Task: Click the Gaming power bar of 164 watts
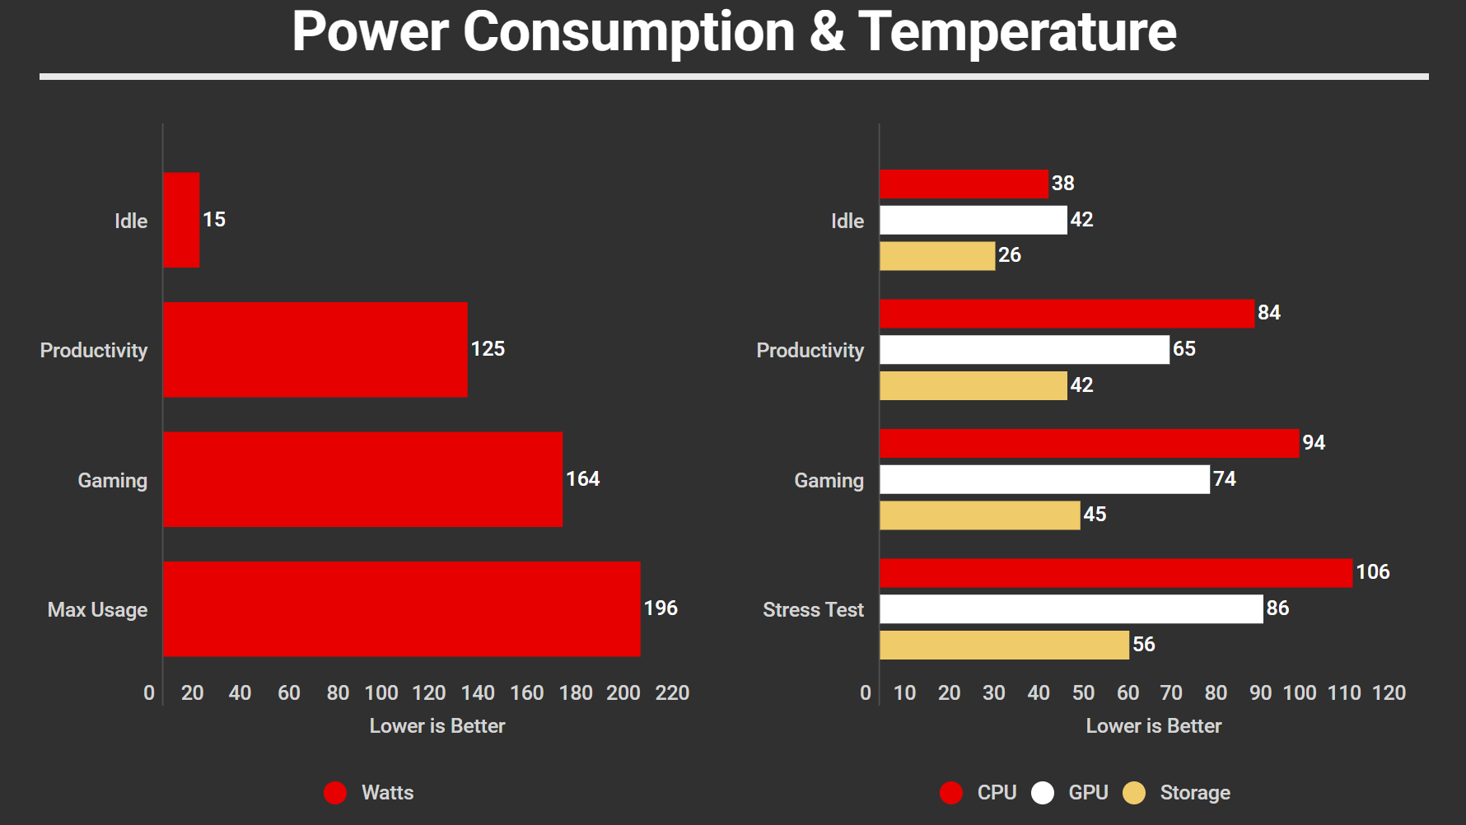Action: (362, 479)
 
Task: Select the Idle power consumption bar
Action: (181, 220)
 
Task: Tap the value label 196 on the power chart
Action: (661, 608)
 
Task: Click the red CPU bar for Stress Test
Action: (1116, 573)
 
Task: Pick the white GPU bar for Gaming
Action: (1044, 479)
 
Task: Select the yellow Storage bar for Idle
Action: (937, 256)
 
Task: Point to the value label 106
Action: (1373, 572)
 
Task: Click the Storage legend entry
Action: (1194, 793)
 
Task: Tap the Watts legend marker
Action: (335, 793)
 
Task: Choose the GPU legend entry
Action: (1087, 793)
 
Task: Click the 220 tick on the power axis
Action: (672, 693)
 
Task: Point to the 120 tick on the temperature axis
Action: (1389, 693)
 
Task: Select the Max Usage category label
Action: (97, 610)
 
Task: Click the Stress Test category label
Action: (813, 610)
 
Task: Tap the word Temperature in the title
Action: (1017, 33)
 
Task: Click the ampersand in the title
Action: (827, 33)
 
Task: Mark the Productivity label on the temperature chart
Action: (810, 351)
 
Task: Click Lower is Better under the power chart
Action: (437, 726)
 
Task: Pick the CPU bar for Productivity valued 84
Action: (1067, 314)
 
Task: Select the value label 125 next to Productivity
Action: (488, 349)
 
